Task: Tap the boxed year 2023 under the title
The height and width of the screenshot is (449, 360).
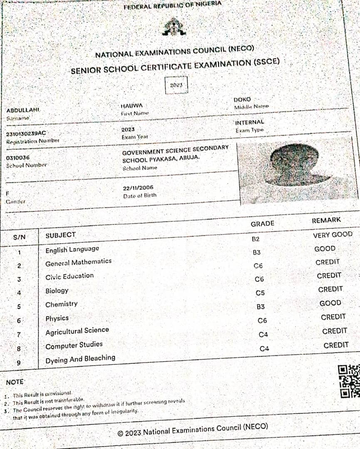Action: pos(176,85)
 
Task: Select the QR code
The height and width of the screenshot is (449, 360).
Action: pos(348,381)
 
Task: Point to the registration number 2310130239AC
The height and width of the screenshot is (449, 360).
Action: pos(26,133)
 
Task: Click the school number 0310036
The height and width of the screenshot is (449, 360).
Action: pos(18,158)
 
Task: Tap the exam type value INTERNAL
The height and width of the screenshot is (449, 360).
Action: pos(249,122)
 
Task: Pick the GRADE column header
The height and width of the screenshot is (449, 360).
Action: pos(262,224)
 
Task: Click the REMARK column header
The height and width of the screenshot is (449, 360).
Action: pos(326,220)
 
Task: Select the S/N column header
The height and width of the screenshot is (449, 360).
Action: pos(19,237)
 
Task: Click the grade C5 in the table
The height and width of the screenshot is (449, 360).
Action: pos(260,293)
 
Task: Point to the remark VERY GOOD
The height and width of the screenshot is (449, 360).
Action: pos(333,235)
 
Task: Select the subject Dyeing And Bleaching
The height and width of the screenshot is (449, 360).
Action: pos(80,359)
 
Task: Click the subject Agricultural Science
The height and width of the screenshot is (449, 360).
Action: pos(77,331)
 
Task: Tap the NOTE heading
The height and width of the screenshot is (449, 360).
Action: pos(15,382)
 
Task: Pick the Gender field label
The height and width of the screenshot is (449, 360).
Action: pos(16,202)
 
